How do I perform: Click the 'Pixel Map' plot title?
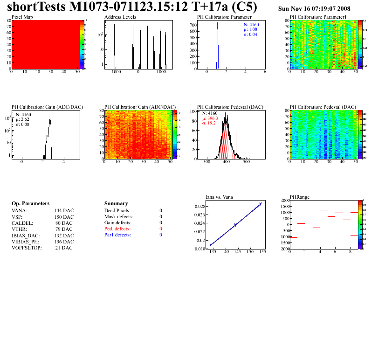pyautogui.click(x=22, y=17)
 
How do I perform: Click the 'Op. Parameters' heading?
pyautogui.click(x=30, y=204)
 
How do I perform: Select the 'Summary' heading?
pyautogui.click(x=116, y=204)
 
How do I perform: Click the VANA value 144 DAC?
pyautogui.click(x=64, y=211)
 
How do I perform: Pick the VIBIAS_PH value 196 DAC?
pyautogui.click(x=64, y=242)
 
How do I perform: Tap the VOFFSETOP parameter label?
pyautogui.click(x=27, y=248)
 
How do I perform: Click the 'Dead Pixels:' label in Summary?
pyautogui.click(x=117, y=211)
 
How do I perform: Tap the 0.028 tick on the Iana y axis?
pyautogui.click(x=199, y=206)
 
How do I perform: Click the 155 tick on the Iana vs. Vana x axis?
pyautogui.click(x=262, y=252)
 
